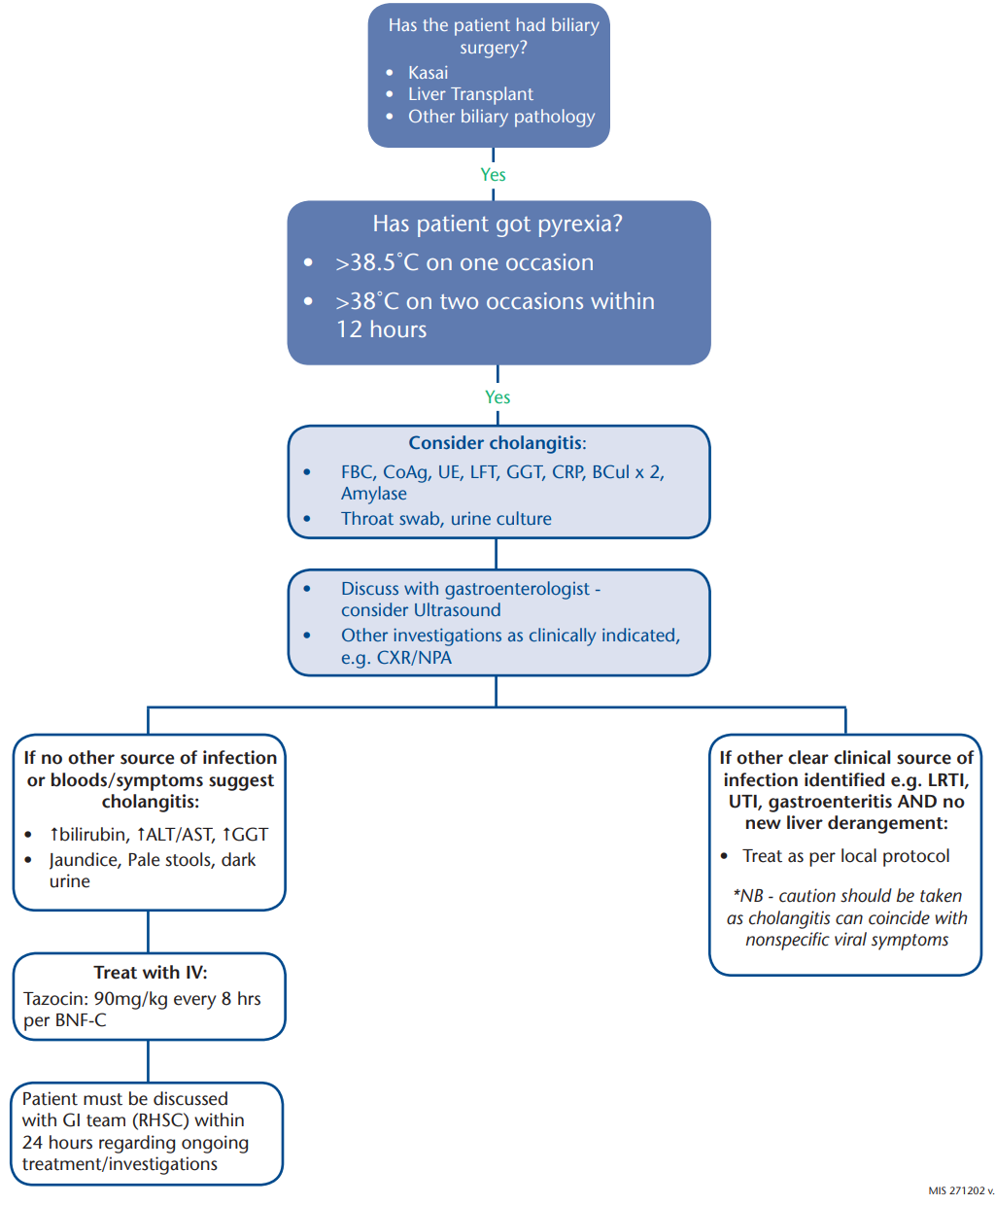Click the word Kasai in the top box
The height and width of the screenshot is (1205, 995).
point(428,73)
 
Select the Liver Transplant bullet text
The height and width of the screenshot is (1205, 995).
point(470,94)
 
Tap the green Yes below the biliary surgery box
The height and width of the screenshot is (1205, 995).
point(493,175)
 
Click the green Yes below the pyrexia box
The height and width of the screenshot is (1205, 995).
point(497,397)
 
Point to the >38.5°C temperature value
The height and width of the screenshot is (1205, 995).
point(378,262)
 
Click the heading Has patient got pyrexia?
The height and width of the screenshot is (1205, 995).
point(497,224)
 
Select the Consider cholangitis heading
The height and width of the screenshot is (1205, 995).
point(497,443)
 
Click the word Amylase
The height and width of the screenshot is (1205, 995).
point(373,494)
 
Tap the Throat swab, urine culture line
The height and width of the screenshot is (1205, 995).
point(446,519)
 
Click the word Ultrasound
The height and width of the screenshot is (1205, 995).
point(457,610)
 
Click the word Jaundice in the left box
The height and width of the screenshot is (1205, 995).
point(85,860)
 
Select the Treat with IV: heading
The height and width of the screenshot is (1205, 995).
point(151,973)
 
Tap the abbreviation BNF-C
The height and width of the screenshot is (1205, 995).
point(80,1020)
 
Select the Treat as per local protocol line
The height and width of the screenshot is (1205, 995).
point(846,856)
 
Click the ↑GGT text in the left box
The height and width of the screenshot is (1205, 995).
point(245,835)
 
